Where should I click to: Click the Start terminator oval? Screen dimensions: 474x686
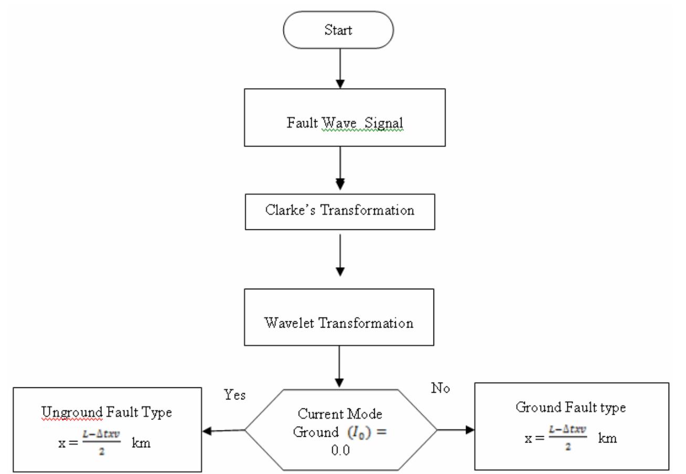pos(339,30)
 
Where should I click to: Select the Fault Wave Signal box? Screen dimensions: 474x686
pos(344,117)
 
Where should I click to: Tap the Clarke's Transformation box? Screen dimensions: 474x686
pos(340,212)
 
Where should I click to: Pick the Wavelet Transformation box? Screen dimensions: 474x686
pos(339,317)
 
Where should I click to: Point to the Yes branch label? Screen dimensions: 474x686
pos(235,395)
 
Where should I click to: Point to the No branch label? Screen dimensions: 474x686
pos(440,388)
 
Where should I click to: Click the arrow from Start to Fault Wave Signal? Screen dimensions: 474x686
pos(340,68)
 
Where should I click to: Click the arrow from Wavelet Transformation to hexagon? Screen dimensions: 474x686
pos(340,367)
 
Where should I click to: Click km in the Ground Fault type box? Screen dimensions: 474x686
pos(608,438)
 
